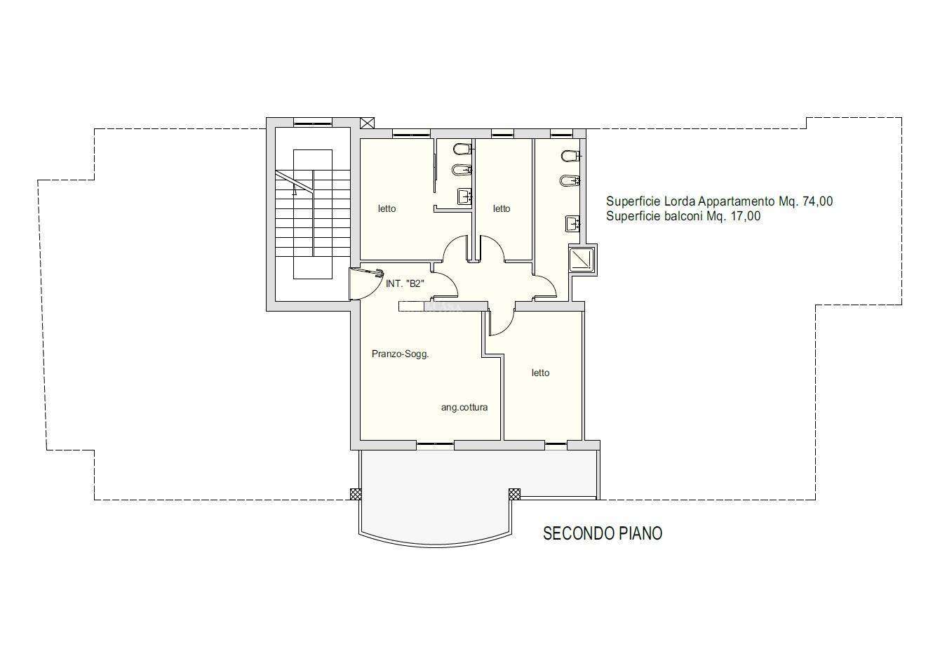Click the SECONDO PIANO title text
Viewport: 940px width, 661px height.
click(603, 533)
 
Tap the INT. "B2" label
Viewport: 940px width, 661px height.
click(405, 283)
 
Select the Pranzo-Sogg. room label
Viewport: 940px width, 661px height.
click(400, 354)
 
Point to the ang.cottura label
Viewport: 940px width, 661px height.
click(464, 407)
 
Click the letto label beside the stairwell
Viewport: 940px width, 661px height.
click(387, 208)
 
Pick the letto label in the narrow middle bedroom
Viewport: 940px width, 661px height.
click(502, 208)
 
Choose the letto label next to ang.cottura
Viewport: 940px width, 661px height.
click(540, 373)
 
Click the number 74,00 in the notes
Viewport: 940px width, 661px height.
click(817, 201)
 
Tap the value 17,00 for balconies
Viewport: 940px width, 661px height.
click(745, 217)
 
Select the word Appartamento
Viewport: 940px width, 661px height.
click(736, 202)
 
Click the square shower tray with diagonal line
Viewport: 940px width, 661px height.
click(582, 260)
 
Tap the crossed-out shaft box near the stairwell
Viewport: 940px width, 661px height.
click(368, 123)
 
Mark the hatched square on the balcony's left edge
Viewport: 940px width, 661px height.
click(356, 494)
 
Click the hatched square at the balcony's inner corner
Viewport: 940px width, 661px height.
click(514, 494)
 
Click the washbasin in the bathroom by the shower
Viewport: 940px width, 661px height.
click(572, 223)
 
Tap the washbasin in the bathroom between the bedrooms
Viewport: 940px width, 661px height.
click(464, 196)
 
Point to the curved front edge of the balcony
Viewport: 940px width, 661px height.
click(436, 546)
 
